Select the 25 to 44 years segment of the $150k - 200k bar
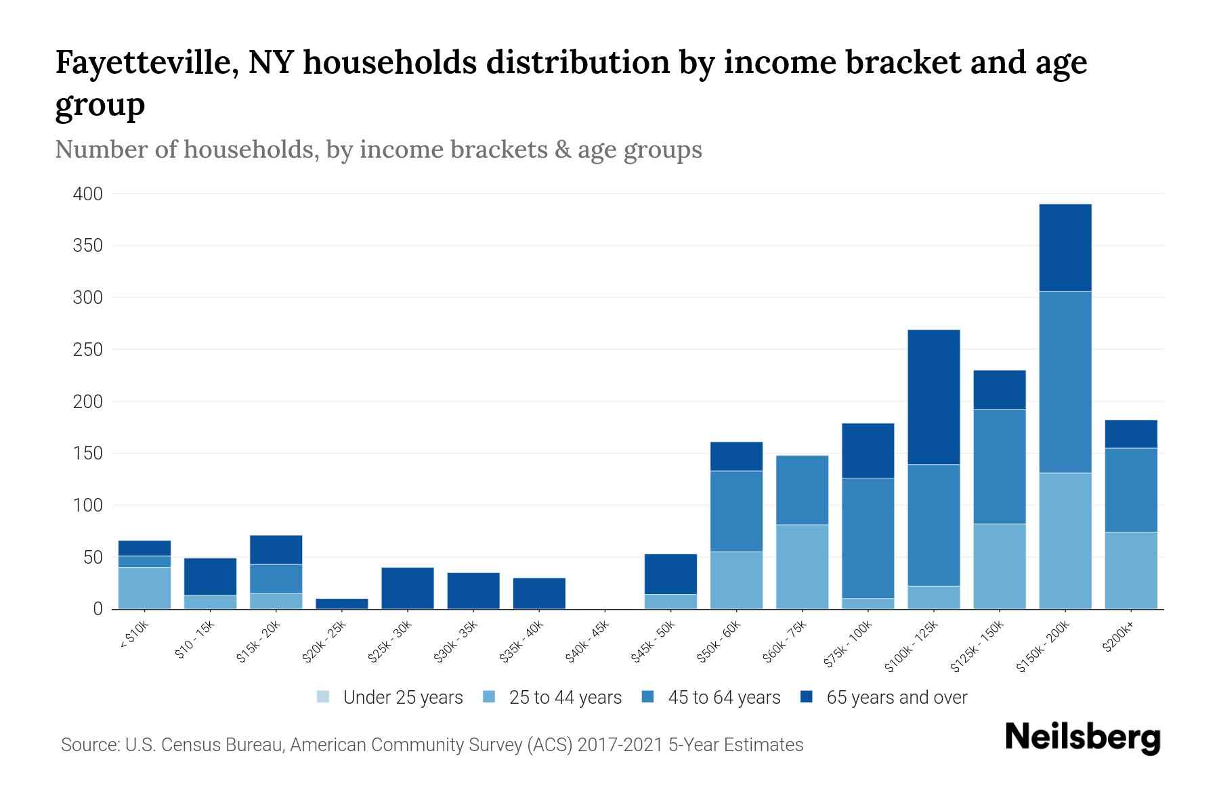pos(1065,541)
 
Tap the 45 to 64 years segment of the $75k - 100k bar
pos(868,538)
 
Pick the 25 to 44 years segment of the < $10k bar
pos(144,588)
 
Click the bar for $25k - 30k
pos(408,588)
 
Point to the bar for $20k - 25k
pos(342,604)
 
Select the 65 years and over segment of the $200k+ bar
pos(1131,434)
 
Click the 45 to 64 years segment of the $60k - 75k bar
pos(803,490)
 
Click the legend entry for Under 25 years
pos(390,698)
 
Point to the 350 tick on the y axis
pos(88,246)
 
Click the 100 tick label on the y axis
pos(88,505)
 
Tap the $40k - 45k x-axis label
pos(588,641)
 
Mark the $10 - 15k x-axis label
pos(195,641)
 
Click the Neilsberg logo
pos(1083,738)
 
